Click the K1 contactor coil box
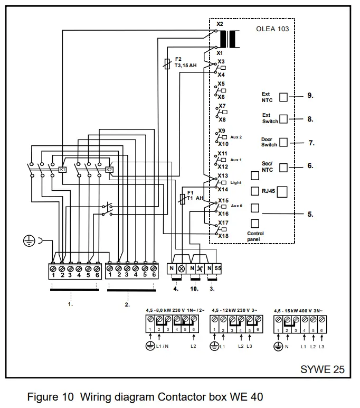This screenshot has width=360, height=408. (62, 170)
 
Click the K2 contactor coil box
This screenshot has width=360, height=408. (109, 170)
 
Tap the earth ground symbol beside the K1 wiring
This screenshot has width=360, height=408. (29, 241)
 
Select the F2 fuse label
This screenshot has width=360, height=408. (178, 59)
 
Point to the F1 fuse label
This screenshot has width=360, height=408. (190, 192)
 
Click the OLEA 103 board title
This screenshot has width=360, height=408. (272, 29)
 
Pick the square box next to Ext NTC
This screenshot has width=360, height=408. (283, 97)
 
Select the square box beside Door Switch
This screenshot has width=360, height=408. (283, 142)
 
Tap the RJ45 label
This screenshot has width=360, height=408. (268, 191)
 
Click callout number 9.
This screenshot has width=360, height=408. (310, 96)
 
